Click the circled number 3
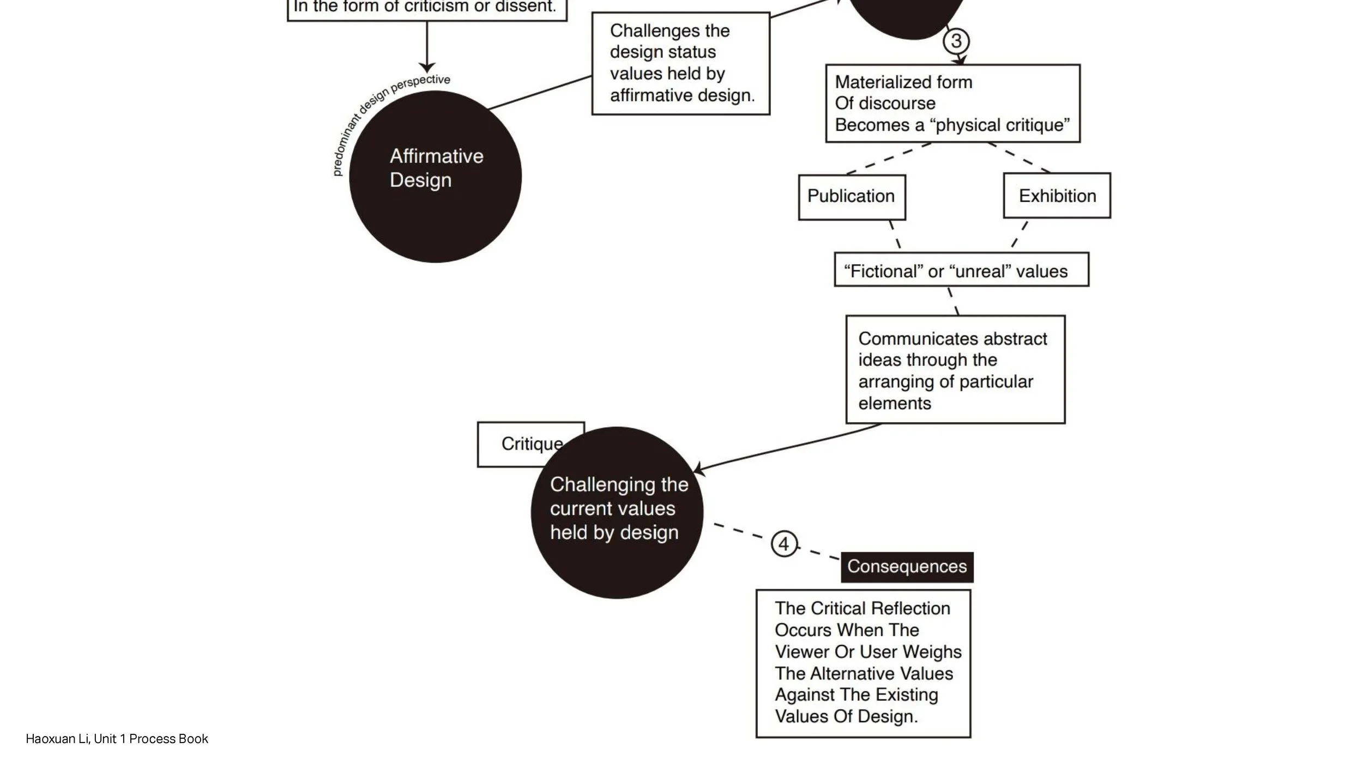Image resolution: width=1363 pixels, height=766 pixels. [x=956, y=41]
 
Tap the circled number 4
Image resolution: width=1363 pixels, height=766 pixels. [x=784, y=544]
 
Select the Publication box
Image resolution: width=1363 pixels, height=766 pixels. [x=852, y=197]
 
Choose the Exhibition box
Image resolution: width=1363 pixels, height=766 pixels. [x=1057, y=196]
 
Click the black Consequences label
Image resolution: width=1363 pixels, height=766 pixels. [x=907, y=567]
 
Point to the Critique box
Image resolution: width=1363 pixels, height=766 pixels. [x=518, y=444]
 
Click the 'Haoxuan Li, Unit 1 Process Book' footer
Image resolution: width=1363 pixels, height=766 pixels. [x=117, y=739]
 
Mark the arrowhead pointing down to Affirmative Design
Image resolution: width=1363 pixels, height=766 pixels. [x=427, y=67]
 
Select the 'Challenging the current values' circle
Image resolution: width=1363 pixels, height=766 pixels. [x=617, y=512]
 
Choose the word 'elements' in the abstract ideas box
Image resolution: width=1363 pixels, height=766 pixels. [x=895, y=404]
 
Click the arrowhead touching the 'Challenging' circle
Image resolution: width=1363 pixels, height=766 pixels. [x=698, y=469]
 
